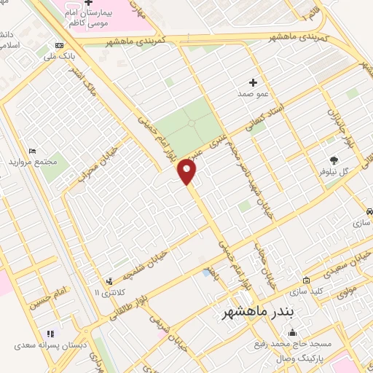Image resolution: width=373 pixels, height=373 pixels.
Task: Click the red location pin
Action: coord(188,172)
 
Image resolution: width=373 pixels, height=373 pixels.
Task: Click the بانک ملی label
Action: coord(60,55)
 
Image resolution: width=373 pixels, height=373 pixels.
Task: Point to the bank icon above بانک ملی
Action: coord(60,43)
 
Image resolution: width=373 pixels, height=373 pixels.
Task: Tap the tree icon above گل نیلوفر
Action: coord(334,160)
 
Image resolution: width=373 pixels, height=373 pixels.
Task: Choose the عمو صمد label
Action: coord(253,94)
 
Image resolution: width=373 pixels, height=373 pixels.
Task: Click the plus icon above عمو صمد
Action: coord(253,82)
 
